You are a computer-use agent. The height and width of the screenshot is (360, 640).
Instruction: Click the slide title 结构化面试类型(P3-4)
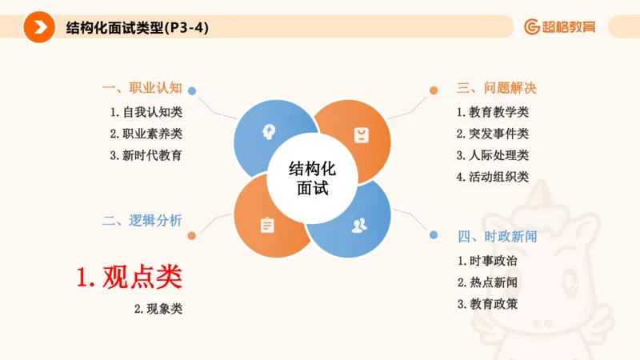pyautogui.click(x=138, y=28)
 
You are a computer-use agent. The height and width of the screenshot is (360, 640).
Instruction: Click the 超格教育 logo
pyautogui.click(x=560, y=26)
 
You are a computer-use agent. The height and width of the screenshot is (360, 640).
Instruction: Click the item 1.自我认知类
pyautogui.click(x=146, y=112)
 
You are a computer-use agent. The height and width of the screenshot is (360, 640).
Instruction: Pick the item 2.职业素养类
pyautogui.click(x=146, y=134)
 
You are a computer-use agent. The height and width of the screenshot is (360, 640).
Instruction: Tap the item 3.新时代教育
pyautogui.click(x=146, y=155)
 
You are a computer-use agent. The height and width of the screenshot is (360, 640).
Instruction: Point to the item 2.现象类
pyautogui.click(x=158, y=309)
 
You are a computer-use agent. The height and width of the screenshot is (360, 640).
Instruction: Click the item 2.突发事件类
pyautogui.click(x=493, y=134)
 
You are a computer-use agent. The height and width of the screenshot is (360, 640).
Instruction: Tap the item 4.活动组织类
pyautogui.click(x=493, y=177)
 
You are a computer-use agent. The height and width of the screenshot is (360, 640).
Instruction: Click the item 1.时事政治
pyautogui.click(x=487, y=261)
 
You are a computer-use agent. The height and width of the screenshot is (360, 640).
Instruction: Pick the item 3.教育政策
pyautogui.click(x=487, y=304)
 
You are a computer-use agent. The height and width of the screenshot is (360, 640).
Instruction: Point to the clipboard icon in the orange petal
pyautogui.click(x=266, y=226)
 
